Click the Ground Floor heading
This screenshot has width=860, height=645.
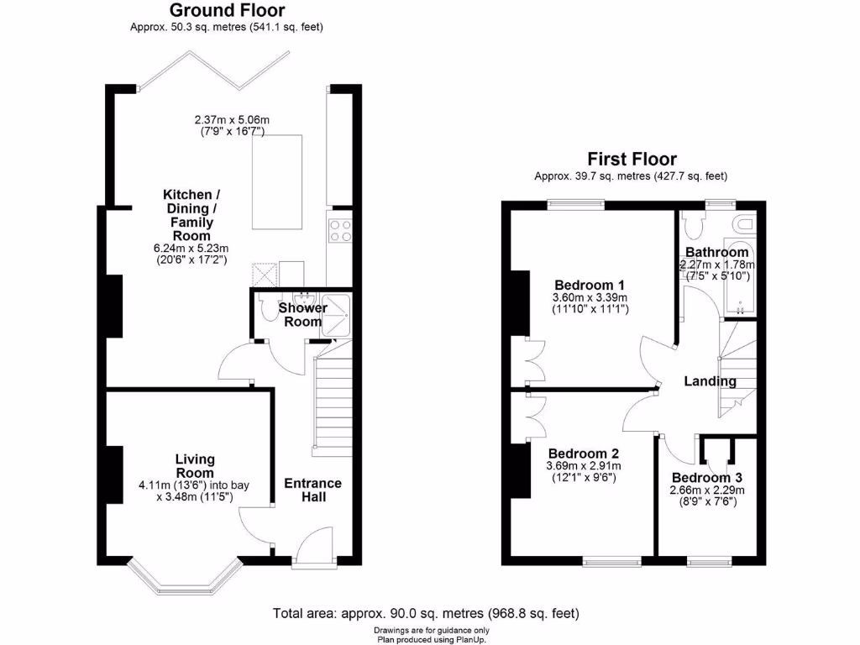(227, 11)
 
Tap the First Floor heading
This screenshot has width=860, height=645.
(632, 159)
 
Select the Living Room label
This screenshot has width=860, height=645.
(195, 466)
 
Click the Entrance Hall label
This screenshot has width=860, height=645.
(312, 490)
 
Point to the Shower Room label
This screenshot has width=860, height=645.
(301, 315)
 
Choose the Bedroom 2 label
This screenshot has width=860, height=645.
(583, 454)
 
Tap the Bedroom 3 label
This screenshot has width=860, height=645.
(706, 477)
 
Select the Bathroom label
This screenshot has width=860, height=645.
(716, 252)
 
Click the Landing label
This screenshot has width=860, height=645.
(710, 381)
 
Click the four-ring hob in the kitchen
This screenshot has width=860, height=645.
(339, 230)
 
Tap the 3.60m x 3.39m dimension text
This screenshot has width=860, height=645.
(590, 298)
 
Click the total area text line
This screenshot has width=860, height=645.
(426, 614)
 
